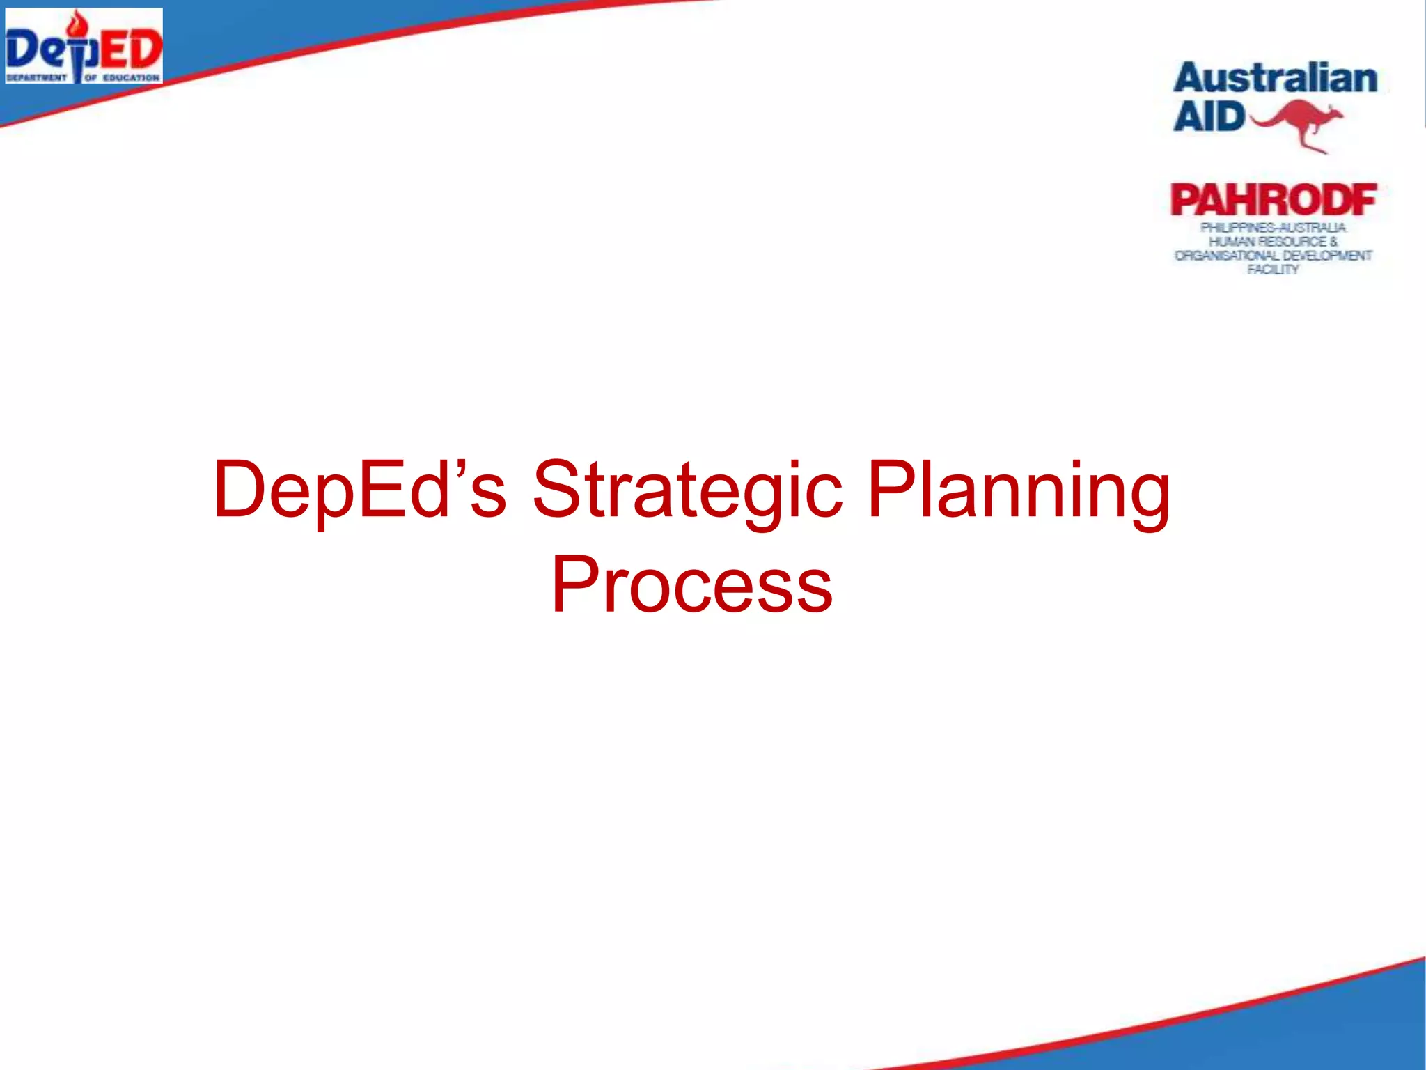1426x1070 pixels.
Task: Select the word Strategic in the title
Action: pos(687,491)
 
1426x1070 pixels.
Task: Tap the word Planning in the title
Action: pos(1019,491)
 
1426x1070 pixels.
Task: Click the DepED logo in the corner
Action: pos(84,46)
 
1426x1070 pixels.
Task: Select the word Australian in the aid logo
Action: pos(1275,78)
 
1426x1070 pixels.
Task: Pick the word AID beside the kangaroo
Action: pos(1208,116)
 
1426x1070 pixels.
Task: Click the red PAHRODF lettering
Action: pos(1274,201)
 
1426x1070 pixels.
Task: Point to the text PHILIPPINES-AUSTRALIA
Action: pos(1273,228)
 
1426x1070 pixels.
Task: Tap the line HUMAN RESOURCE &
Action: pos(1273,242)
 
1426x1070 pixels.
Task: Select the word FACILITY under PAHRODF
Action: pos(1273,270)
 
